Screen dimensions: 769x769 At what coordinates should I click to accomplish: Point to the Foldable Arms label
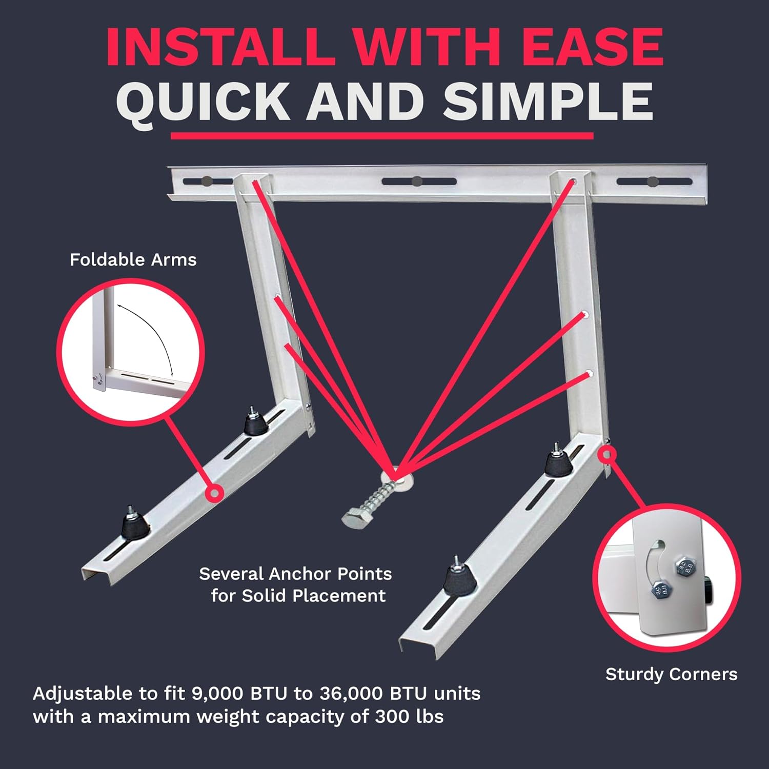point(133,260)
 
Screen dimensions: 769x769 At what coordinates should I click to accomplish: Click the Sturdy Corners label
point(671,674)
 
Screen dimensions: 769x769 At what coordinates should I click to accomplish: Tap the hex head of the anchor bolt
point(354,516)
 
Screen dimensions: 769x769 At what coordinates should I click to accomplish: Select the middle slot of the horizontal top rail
point(419,181)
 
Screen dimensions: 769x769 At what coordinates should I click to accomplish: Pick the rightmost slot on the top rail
point(654,181)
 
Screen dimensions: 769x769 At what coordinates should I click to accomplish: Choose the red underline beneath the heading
point(382,136)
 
